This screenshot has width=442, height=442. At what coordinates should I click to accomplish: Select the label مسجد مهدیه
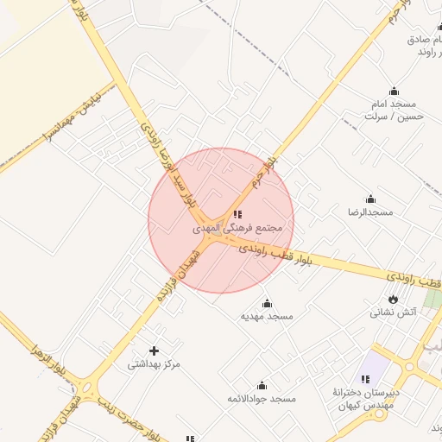(267, 316)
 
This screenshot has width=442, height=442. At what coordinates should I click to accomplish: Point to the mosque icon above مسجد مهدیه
(267, 303)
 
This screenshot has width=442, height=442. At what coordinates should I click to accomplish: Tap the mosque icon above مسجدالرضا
(370, 199)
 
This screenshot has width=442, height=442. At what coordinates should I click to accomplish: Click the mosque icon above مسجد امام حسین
(395, 91)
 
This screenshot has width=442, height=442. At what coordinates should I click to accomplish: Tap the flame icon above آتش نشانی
(395, 299)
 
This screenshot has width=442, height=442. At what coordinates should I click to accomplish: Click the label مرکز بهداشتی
(155, 363)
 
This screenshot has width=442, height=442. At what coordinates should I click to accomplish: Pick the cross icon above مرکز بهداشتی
(155, 350)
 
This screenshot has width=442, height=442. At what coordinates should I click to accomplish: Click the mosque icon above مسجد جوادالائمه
(262, 386)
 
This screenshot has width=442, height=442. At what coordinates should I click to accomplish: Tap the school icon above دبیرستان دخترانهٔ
(365, 379)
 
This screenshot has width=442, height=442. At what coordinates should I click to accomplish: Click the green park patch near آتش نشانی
(433, 299)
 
